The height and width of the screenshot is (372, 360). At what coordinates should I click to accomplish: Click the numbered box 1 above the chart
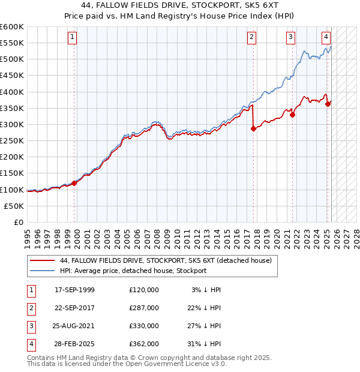click(72, 37)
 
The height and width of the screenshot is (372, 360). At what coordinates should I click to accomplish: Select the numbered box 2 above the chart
click(251, 37)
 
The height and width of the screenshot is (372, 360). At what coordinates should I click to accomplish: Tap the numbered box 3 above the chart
click(290, 37)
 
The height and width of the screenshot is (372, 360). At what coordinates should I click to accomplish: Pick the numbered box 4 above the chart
click(325, 37)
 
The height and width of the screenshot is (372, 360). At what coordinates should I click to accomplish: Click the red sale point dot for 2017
click(253, 128)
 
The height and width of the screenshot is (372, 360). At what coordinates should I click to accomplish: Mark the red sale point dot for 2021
click(292, 115)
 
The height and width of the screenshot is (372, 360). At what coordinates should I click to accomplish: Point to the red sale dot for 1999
click(74, 183)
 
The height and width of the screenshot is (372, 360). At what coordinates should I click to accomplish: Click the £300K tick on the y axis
click(12, 124)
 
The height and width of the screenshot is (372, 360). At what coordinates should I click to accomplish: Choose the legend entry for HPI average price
click(133, 271)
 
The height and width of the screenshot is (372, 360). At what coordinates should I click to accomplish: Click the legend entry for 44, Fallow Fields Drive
click(166, 260)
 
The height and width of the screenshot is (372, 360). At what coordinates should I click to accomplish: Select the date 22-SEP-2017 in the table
click(74, 307)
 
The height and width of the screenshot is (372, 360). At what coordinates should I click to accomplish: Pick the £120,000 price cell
click(144, 289)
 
